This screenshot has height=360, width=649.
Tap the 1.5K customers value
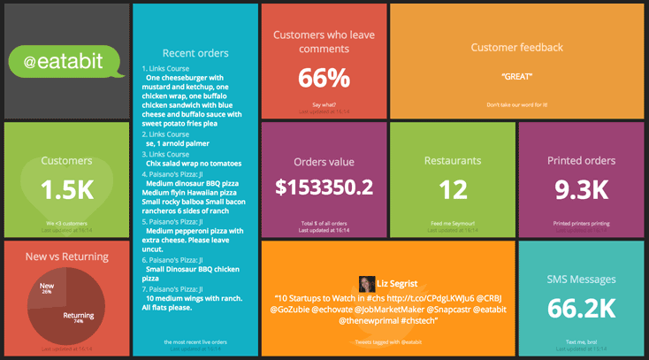(67, 190)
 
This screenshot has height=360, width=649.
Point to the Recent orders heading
(195, 53)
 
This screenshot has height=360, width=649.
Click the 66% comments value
(324, 79)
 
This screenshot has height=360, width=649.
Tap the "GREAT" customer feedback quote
(516, 77)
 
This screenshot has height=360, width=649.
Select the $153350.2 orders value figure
(324, 188)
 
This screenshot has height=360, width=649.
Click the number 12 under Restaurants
(453, 189)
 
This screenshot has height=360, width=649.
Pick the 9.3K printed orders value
(581, 189)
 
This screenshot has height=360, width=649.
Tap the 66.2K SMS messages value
(581, 308)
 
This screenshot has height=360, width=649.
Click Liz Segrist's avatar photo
(365, 283)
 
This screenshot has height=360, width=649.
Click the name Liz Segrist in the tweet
(396, 284)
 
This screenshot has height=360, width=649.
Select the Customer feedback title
(516, 48)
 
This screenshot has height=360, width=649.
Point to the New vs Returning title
(67, 257)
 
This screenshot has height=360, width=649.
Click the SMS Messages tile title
(581, 280)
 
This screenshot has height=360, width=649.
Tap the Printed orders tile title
(581, 161)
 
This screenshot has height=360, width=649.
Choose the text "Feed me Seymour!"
(453, 224)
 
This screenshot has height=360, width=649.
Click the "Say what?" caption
(324, 105)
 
